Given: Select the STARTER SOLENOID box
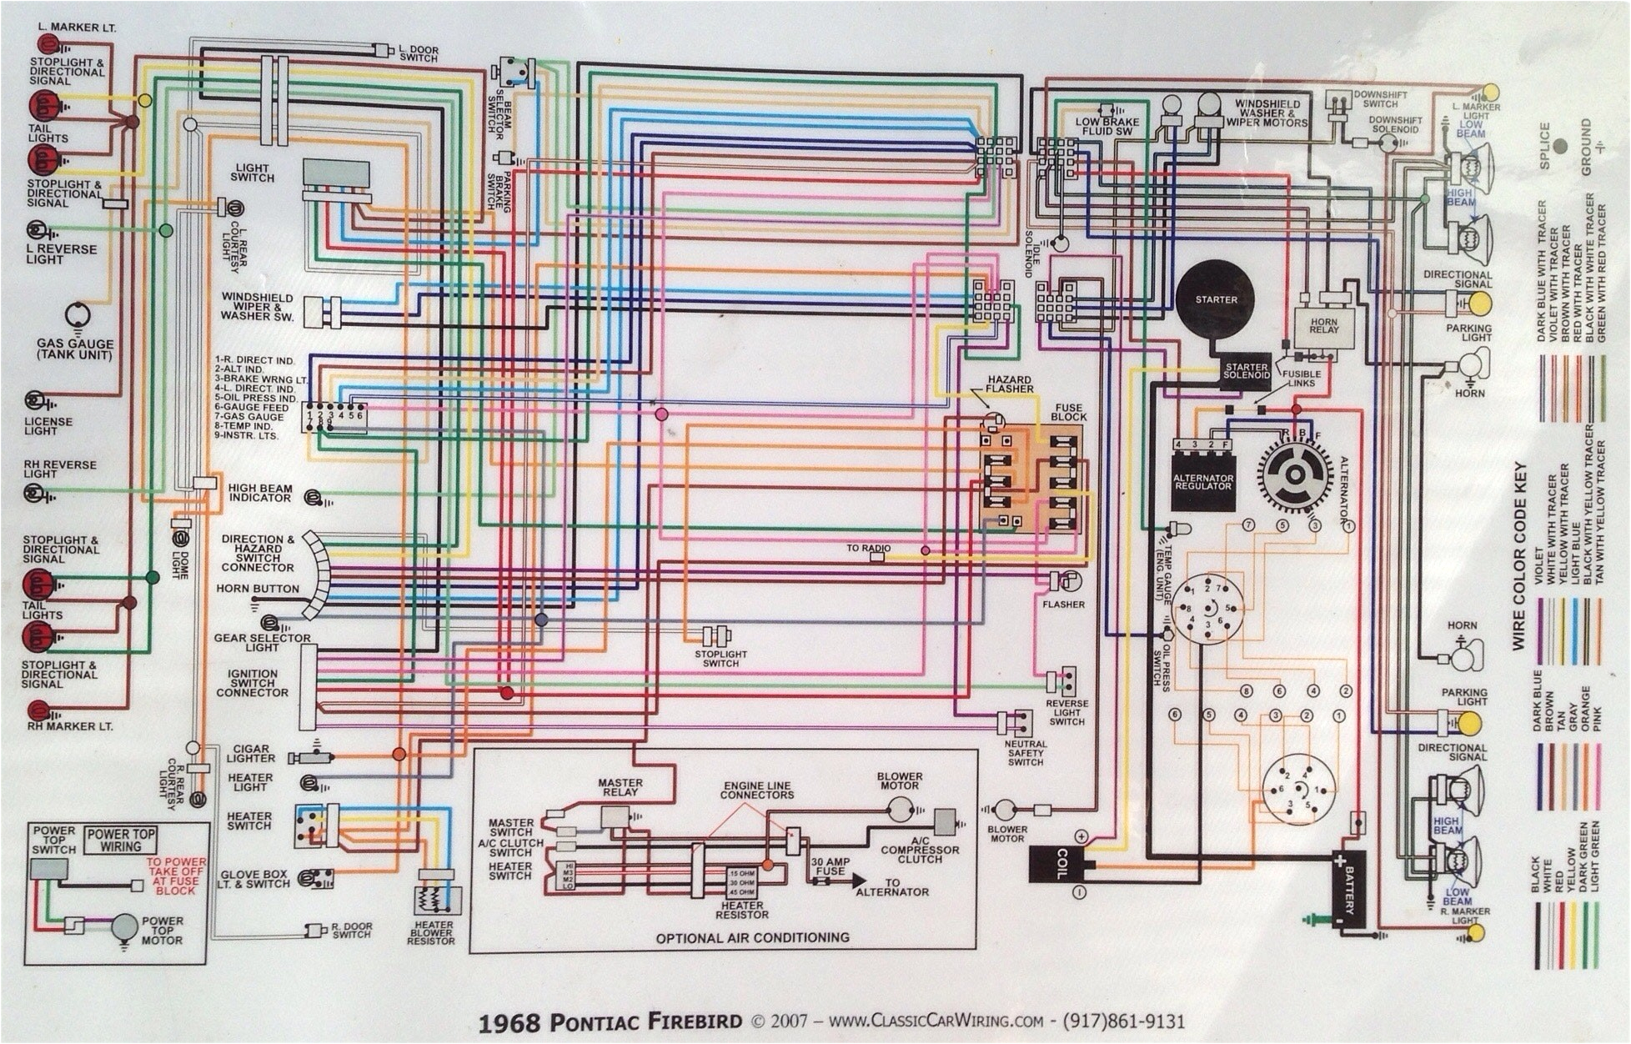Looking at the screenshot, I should coord(1246,371).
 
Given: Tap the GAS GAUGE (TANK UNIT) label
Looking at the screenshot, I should coord(74,349).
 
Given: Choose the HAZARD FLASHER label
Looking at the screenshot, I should coord(1009,384).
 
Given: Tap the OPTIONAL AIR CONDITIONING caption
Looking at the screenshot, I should coord(752,938).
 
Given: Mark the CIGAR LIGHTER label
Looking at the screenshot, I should coord(250,754).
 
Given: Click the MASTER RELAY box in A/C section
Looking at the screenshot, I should coord(615,817).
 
